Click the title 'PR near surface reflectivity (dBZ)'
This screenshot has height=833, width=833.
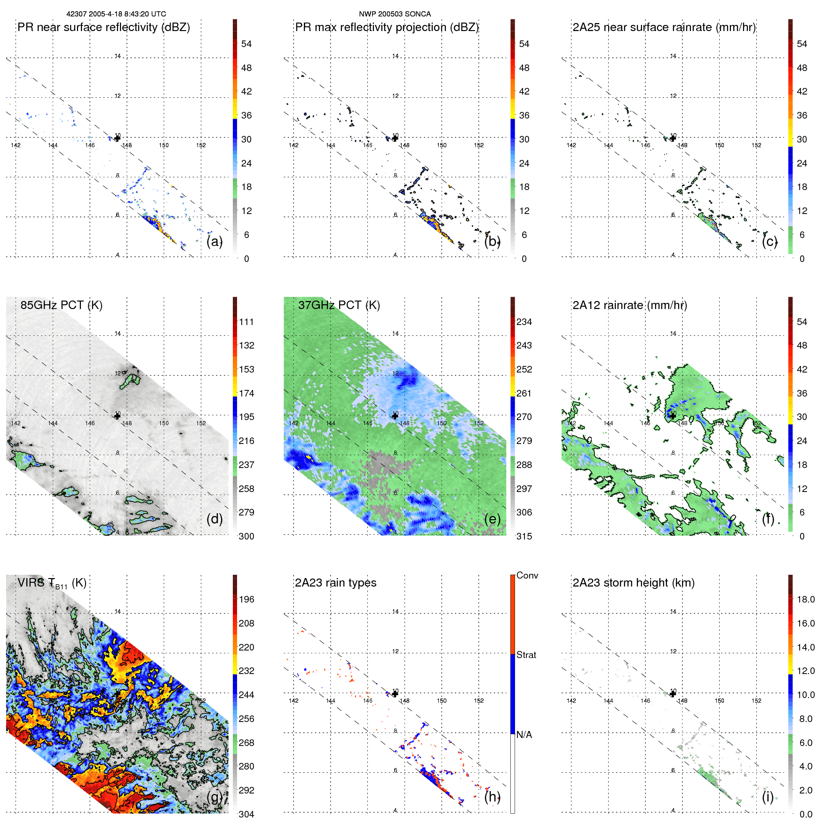click(103, 27)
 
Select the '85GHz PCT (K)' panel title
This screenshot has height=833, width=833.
click(61, 305)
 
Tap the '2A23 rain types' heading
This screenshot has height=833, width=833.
click(335, 583)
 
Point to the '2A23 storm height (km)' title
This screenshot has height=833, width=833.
click(633, 583)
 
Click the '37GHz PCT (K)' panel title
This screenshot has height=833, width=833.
click(339, 305)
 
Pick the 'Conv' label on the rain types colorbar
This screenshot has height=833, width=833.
click(527, 575)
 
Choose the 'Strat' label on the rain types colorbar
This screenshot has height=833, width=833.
click(526, 655)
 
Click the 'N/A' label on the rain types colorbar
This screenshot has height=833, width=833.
click(524, 735)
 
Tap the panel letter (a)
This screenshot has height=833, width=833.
click(214, 241)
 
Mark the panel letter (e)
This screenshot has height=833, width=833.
click(492, 519)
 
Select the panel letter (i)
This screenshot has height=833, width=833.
click(768, 797)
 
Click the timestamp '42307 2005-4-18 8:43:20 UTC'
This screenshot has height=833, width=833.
click(116, 14)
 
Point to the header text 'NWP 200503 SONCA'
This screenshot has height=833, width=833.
click(395, 14)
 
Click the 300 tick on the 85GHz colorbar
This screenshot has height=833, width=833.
click(246, 536)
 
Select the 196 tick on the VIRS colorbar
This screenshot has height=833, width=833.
click(246, 599)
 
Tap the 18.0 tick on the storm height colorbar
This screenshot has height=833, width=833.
click(806, 599)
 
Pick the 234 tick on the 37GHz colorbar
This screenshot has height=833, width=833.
click(524, 322)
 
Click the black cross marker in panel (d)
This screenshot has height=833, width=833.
click(118, 415)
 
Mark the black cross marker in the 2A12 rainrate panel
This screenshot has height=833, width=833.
click(673, 415)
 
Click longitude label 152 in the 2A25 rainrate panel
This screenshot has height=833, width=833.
click(756, 145)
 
